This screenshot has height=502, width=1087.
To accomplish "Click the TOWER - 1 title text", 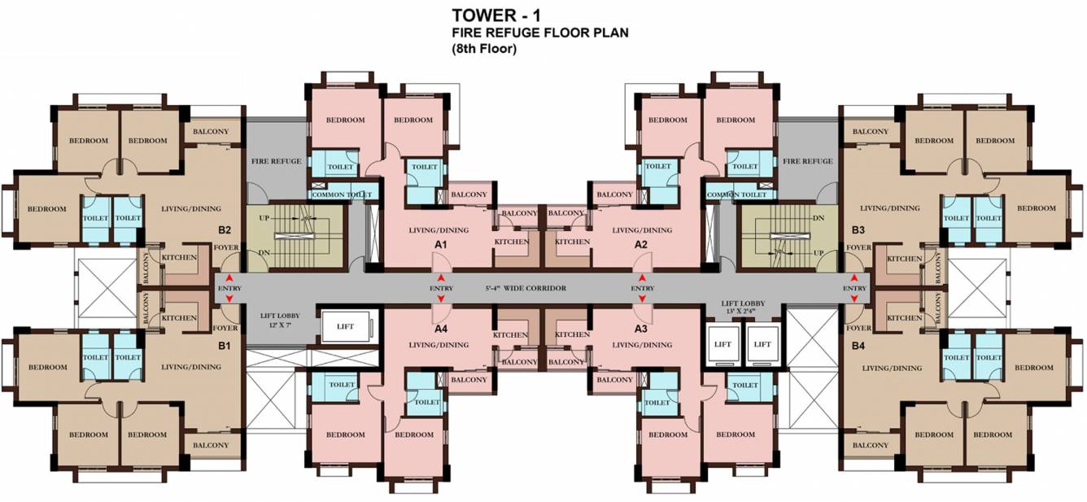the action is pyautogui.click(x=496, y=15).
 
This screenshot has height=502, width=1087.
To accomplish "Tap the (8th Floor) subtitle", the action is pyautogui.click(x=484, y=49).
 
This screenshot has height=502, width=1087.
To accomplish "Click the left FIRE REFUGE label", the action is pyautogui.click(x=276, y=161).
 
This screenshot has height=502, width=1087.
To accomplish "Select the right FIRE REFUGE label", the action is pyautogui.click(x=807, y=161).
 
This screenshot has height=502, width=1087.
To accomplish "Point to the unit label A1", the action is pyautogui.click(x=440, y=245).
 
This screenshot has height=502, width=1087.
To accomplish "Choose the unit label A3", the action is pyautogui.click(x=641, y=329).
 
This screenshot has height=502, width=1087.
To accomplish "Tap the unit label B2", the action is pyautogui.click(x=225, y=230).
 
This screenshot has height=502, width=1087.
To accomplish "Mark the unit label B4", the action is pyautogui.click(x=858, y=346).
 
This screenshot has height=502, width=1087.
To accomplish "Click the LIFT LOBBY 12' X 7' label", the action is pyautogui.click(x=280, y=320).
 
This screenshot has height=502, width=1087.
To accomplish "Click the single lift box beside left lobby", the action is pyautogui.click(x=346, y=327).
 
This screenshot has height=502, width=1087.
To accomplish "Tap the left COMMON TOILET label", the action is pyautogui.click(x=342, y=194).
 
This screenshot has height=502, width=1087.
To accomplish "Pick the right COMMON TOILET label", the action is pyautogui.click(x=736, y=194).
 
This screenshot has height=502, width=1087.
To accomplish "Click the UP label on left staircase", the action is pyautogui.click(x=264, y=219).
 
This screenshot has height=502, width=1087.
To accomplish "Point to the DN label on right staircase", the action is pyautogui.click(x=819, y=219).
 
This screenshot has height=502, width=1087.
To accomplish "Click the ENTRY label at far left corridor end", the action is pyautogui.click(x=229, y=288).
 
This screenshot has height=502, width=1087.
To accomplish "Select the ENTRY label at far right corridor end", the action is pyautogui.click(x=854, y=288).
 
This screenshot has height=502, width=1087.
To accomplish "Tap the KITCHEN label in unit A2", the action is pyautogui.click(x=572, y=242).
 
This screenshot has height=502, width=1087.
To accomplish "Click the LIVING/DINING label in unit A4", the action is pyautogui.click(x=439, y=345).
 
